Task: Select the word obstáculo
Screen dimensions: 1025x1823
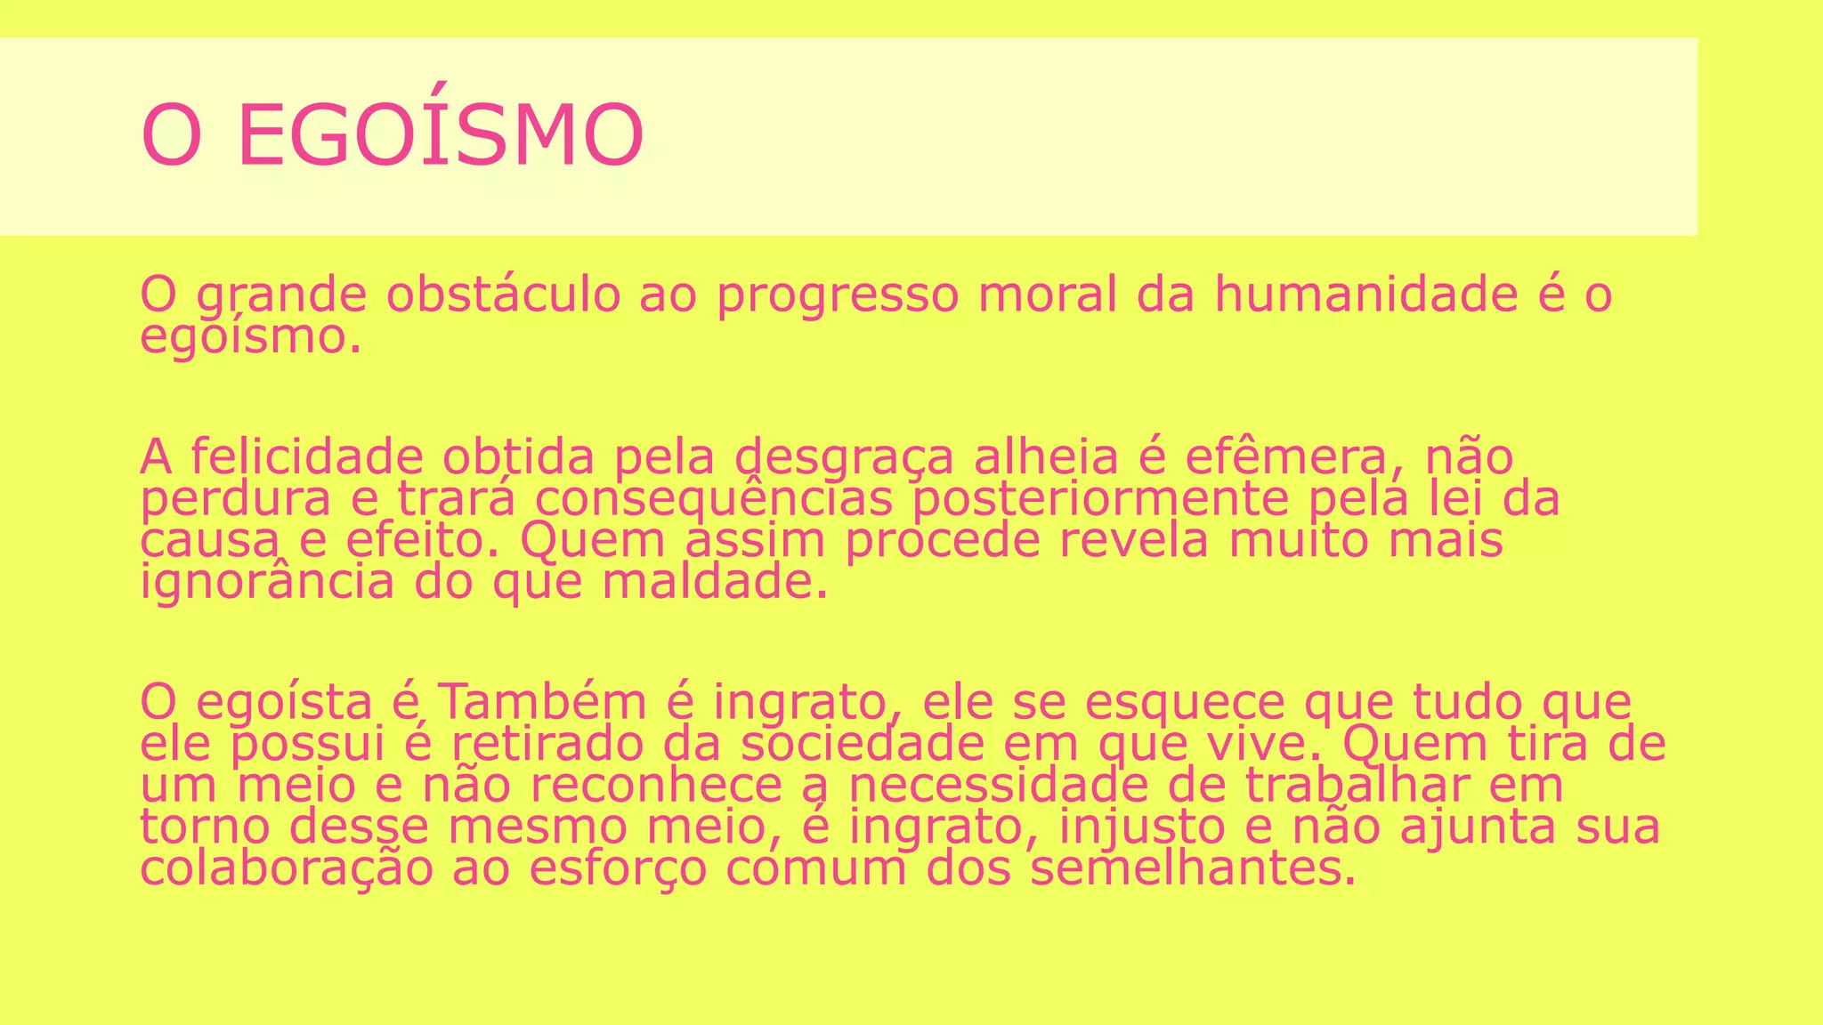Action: [503, 295]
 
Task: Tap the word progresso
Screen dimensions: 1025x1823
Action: [838, 295]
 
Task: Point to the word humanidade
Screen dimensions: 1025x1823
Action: [1365, 295]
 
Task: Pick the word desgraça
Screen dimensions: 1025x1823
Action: [844, 457]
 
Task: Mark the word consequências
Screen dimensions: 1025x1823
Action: [713, 499]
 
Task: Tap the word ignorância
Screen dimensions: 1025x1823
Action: [267, 583]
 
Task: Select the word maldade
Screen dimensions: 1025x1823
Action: [715, 583]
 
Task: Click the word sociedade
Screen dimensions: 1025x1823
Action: [863, 744]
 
